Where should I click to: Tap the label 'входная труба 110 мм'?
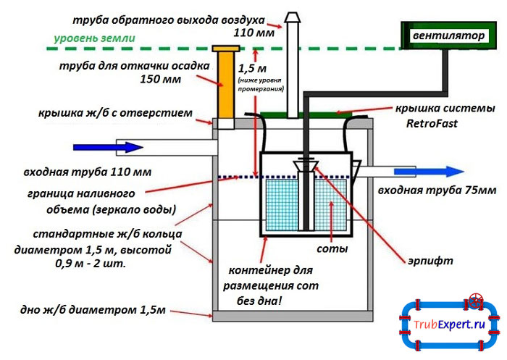pyautogui.click(x=87, y=172)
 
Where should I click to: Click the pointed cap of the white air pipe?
pyautogui.click(x=293, y=17)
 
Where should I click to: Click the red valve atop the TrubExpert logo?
pyautogui.click(x=475, y=298)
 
